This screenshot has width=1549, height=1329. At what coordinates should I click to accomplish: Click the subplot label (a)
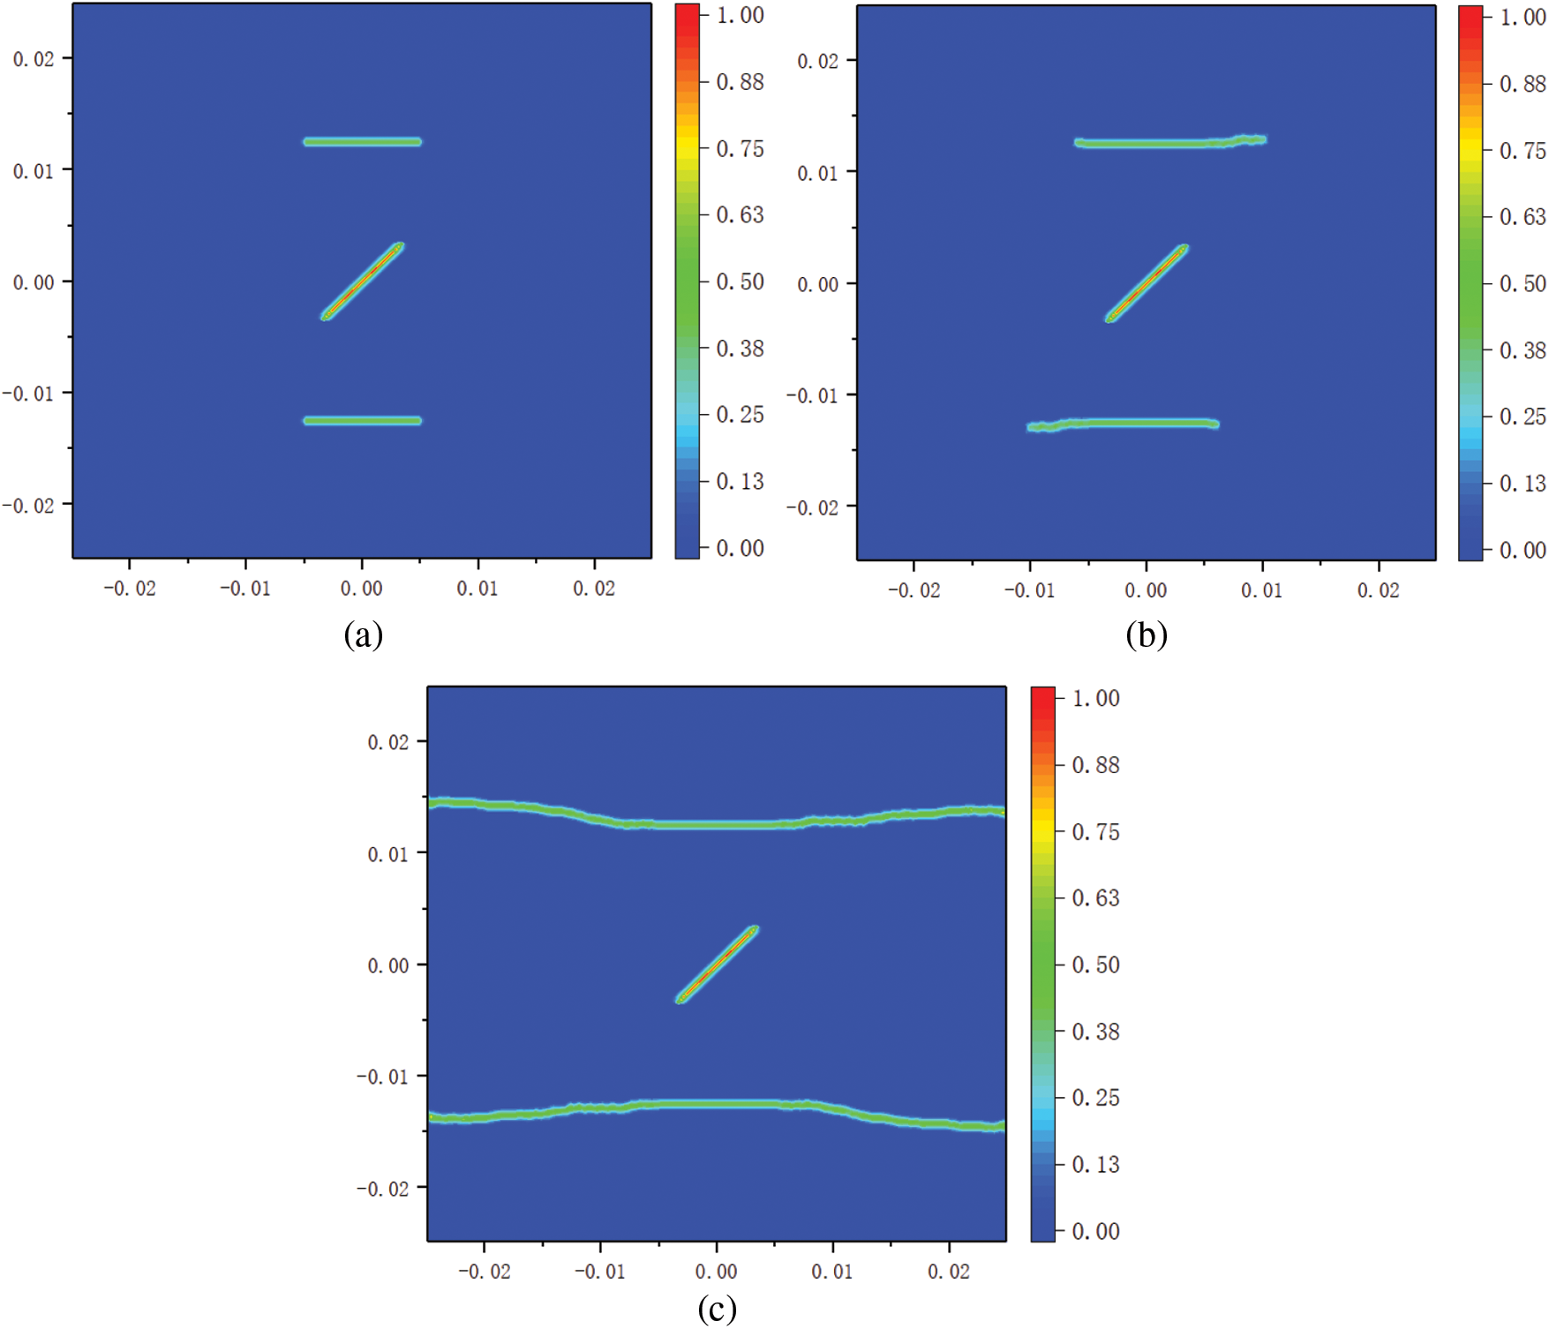363,634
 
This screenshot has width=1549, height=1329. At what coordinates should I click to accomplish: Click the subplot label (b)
1146,634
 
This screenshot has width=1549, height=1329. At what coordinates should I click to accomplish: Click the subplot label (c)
717,1309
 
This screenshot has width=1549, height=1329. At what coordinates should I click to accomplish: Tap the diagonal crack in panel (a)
363,281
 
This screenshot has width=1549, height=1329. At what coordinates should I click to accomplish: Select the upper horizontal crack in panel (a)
363,141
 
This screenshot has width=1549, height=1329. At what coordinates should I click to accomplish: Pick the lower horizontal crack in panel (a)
363,420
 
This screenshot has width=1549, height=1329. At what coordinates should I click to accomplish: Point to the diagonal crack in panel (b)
1147,283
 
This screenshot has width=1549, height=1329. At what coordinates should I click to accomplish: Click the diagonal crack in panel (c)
718,964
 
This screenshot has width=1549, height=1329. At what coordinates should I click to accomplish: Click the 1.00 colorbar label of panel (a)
740,15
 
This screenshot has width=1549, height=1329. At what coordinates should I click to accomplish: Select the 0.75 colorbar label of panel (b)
1523,151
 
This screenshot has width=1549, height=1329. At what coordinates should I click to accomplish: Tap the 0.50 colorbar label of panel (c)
1095,965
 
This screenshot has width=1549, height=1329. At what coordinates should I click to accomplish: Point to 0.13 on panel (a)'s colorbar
740,481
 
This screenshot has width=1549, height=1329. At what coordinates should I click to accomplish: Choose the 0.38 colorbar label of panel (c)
1095,1031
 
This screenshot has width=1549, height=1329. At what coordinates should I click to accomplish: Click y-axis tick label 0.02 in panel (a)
34,59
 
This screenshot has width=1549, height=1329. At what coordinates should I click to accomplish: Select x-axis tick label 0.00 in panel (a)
362,589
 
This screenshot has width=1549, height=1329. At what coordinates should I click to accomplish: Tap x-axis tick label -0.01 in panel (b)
1029,590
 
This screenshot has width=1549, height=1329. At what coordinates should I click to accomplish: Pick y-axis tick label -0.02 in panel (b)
813,507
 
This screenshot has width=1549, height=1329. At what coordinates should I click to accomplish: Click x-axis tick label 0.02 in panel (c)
948,1272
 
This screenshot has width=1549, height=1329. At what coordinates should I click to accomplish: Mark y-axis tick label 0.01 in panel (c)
388,854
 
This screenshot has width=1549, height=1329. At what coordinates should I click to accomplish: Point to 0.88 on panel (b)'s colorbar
1523,84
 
